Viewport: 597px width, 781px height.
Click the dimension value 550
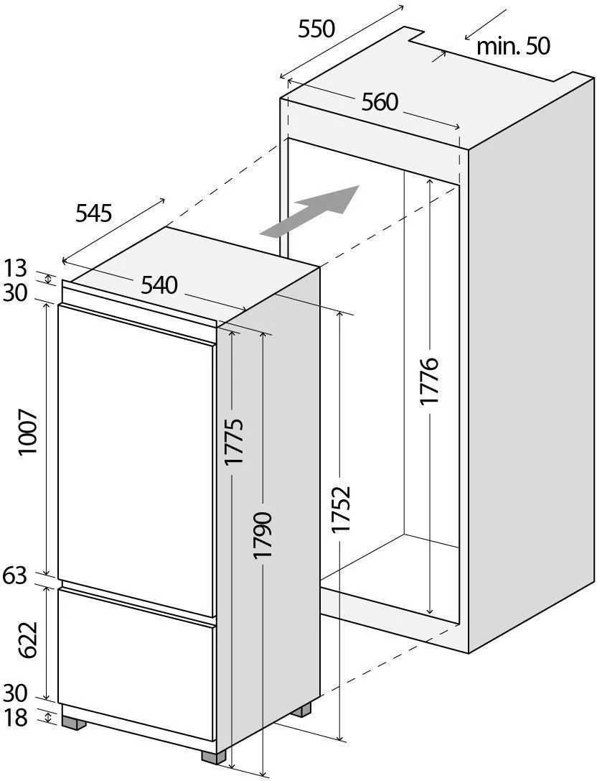pyautogui.click(x=316, y=29)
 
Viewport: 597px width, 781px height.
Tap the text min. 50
pyautogui.click(x=514, y=47)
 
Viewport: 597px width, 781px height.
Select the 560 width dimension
pyautogui.click(x=380, y=103)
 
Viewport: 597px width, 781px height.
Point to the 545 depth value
pyautogui.click(x=93, y=213)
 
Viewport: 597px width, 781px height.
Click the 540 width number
pyautogui.click(x=159, y=285)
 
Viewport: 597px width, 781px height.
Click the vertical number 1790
pyautogui.click(x=263, y=536)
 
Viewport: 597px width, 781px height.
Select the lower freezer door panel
pyautogui.click(x=136, y=662)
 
